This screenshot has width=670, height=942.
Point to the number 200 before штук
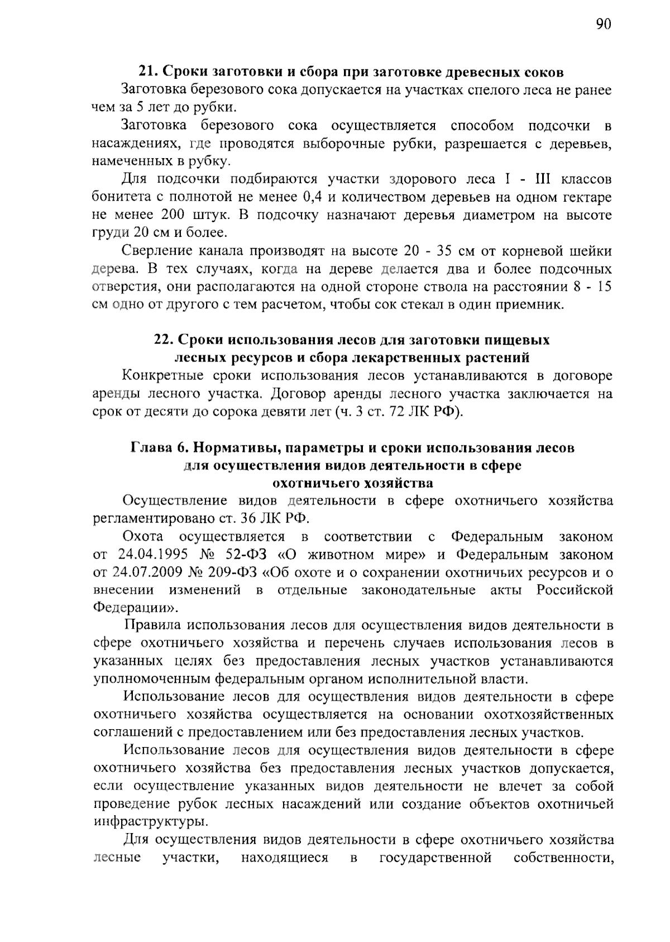point(176,215)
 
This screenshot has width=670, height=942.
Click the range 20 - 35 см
point(430,251)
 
